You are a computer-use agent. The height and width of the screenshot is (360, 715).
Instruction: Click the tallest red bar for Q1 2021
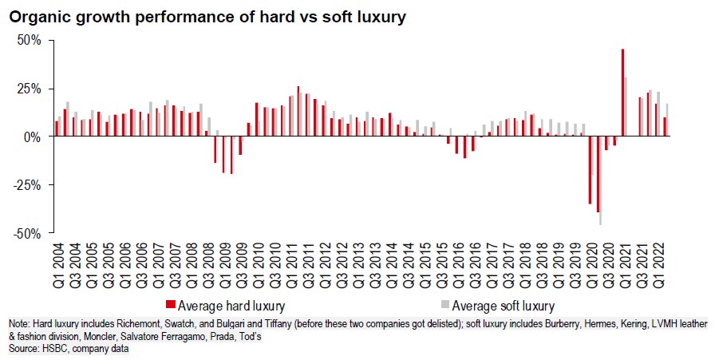coord(622,93)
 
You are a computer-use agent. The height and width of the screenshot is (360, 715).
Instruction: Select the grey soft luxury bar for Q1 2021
coord(626,107)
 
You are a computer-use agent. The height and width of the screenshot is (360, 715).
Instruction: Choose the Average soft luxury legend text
coord(503,305)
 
